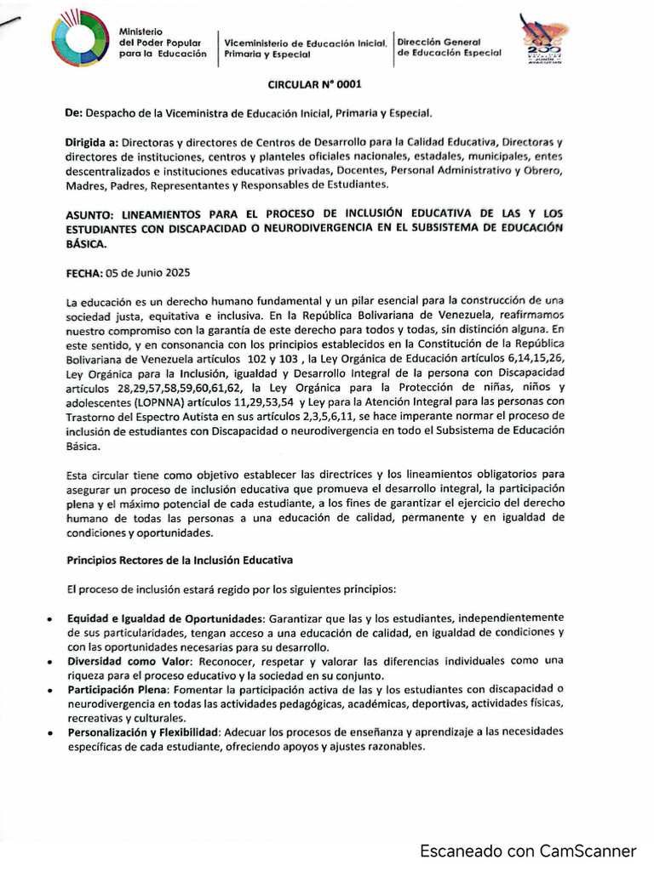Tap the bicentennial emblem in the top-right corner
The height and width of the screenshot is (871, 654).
(x=544, y=42)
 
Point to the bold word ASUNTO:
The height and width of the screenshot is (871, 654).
(x=92, y=213)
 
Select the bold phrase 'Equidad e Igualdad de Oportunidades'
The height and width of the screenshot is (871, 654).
(x=168, y=617)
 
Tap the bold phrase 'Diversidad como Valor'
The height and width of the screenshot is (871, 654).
(x=128, y=661)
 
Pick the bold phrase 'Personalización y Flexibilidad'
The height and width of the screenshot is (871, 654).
(x=145, y=732)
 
